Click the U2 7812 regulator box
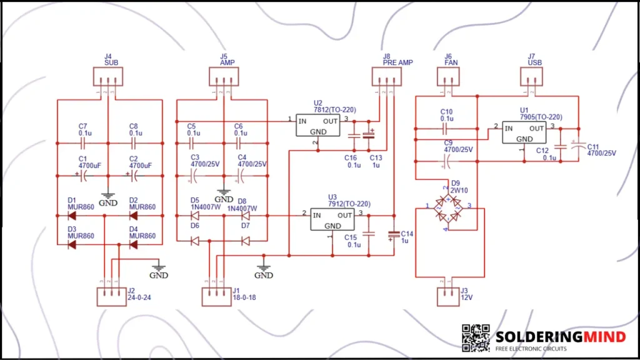click(318, 126)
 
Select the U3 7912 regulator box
click(332, 219)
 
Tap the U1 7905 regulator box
click(524, 132)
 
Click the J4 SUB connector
click(108, 77)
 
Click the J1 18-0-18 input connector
click(217, 296)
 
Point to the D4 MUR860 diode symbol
click(133, 244)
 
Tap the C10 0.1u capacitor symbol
click(445, 129)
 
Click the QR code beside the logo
click(476, 337)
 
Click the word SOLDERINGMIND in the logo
click(560, 337)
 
